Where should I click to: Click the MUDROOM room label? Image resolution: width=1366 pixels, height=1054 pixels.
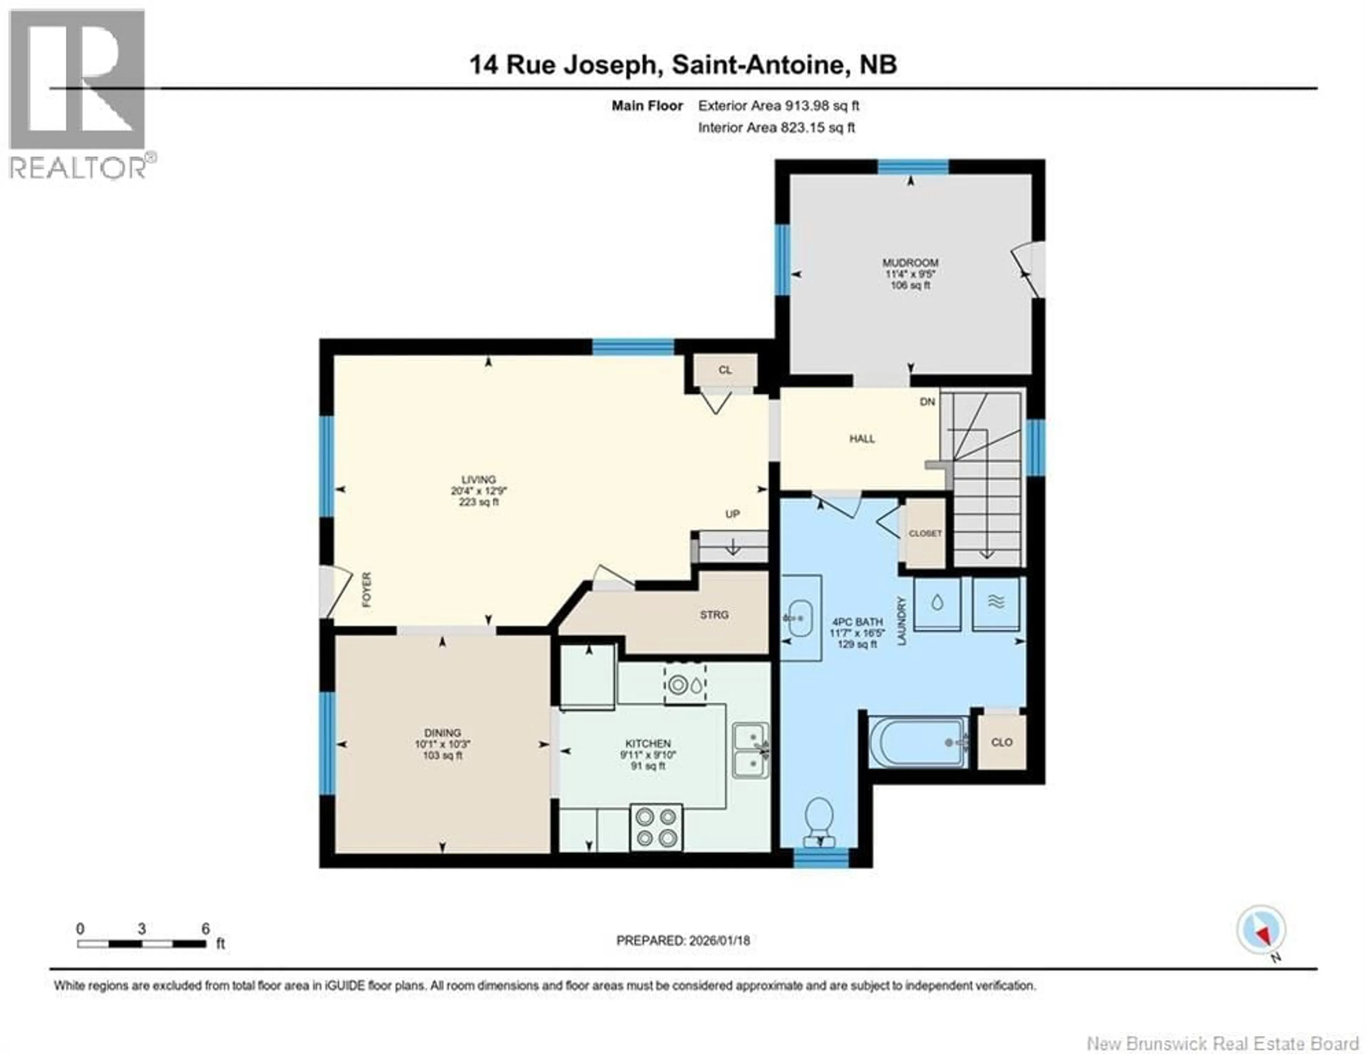click(910, 262)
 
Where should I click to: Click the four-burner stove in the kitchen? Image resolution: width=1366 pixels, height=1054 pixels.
click(656, 827)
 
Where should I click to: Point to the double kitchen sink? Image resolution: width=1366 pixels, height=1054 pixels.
click(751, 750)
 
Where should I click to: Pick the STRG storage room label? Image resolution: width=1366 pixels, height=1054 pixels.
click(714, 614)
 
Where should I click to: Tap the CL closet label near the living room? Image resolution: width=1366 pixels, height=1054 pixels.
click(724, 370)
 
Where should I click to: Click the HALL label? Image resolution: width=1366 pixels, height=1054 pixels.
click(861, 439)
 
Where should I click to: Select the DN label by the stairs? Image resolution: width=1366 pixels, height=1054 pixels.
click(927, 402)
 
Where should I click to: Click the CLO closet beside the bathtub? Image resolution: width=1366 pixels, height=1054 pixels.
click(1001, 742)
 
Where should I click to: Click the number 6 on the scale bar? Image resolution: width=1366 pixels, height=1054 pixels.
click(205, 929)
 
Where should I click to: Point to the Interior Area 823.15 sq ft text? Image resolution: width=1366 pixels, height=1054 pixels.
click(776, 128)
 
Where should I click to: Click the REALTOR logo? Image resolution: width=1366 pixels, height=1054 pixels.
click(78, 94)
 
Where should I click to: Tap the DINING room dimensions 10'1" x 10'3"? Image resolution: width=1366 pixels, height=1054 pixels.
click(442, 744)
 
